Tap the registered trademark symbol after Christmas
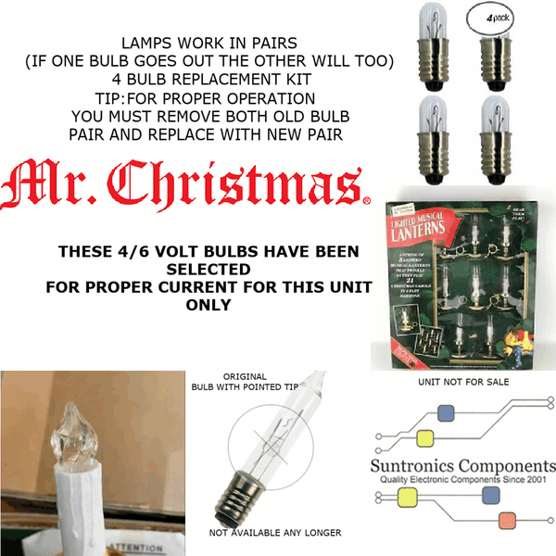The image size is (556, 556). pyautogui.click(x=367, y=200)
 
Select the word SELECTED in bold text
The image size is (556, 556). pyautogui.click(x=208, y=270)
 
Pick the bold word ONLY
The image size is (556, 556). pyautogui.click(x=208, y=305)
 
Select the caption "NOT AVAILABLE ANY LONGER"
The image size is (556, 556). pyautogui.click(x=274, y=533)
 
